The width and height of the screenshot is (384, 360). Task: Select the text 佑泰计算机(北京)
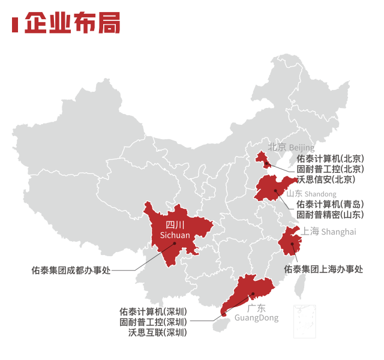[x=330, y=158]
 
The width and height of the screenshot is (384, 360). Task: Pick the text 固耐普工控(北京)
[x=330, y=169]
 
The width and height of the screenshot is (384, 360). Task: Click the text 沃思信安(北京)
[x=326, y=179]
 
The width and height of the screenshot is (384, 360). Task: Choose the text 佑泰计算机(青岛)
[x=330, y=204]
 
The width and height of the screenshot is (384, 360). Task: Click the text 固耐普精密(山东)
[x=330, y=214]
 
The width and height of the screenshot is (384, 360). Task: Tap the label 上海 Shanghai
[x=329, y=232]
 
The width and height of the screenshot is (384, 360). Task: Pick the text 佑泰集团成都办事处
[x=71, y=270]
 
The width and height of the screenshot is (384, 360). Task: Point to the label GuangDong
[x=257, y=318]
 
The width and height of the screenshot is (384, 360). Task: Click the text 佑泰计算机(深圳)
[x=152, y=311]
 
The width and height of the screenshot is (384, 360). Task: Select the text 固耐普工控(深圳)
[x=152, y=322]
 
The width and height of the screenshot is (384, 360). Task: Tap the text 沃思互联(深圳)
[x=157, y=332]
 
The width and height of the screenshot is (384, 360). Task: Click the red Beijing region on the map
[x=261, y=158]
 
